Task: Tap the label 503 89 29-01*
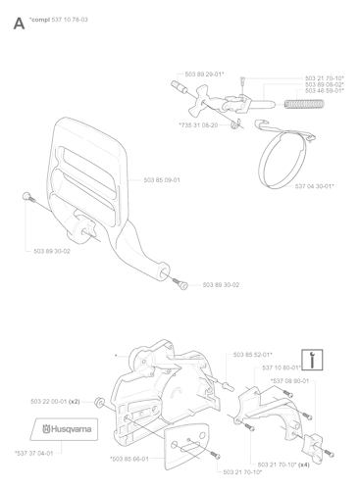(x=204, y=73)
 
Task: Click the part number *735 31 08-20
(x=200, y=123)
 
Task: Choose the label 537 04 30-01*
(x=314, y=183)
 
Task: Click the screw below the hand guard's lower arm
(x=180, y=283)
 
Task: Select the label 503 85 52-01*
(x=253, y=354)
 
